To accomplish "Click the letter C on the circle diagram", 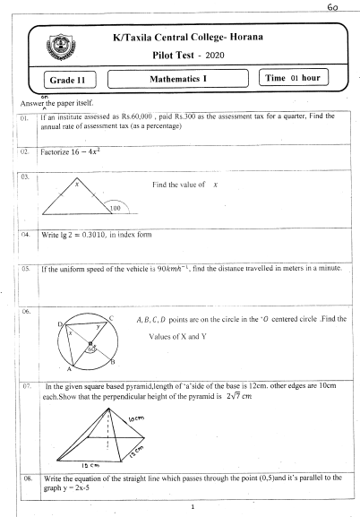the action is [110, 317].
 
